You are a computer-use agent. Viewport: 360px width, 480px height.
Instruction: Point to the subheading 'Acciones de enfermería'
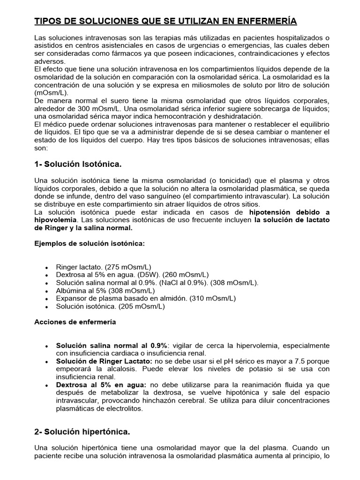coord(75,322)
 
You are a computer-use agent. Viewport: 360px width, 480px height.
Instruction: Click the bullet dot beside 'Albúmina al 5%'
coord(46,291)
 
